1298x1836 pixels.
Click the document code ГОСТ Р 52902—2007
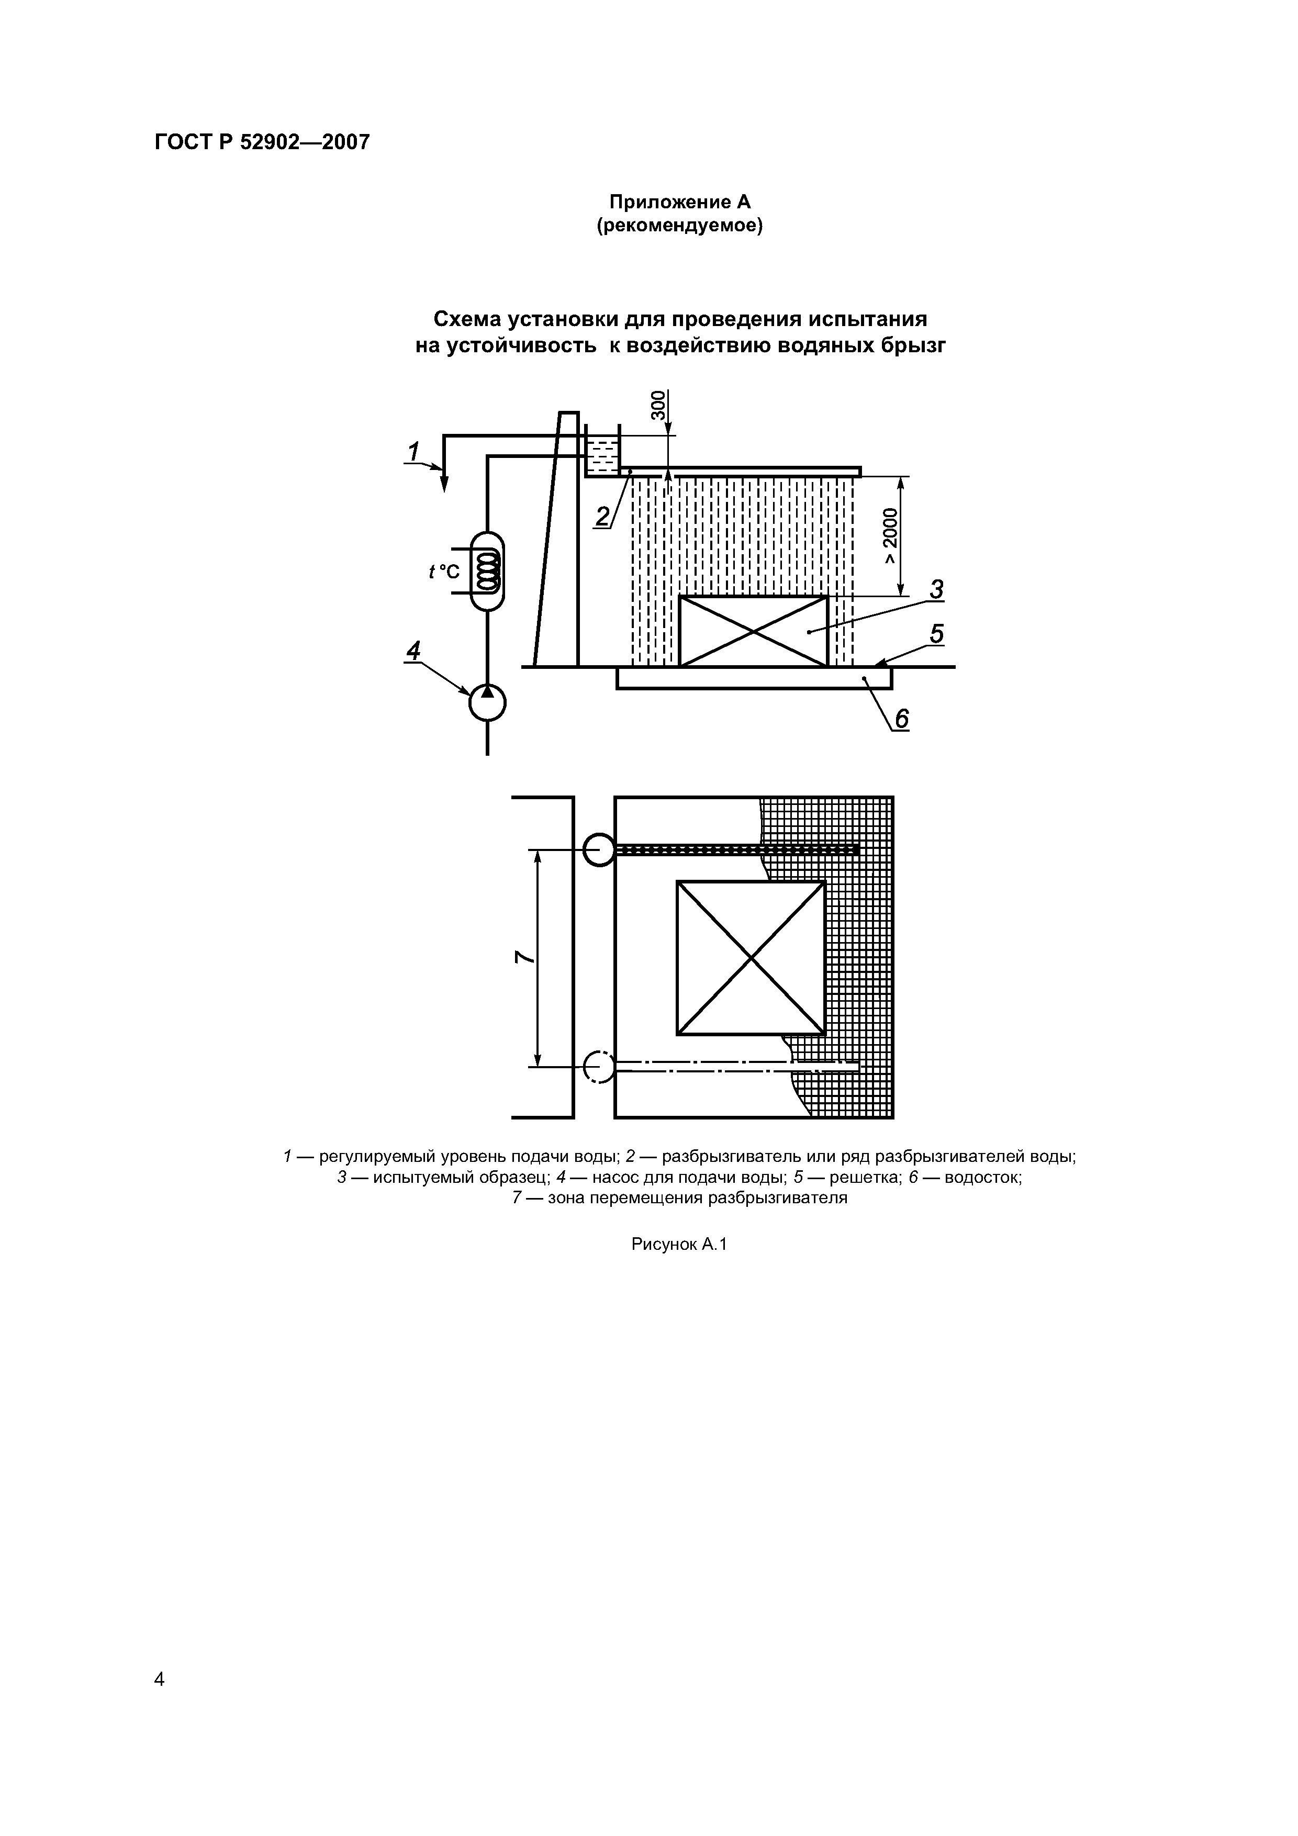(x=262, y=142)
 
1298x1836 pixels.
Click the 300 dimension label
(x=657, y=406)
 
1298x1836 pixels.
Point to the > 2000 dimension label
(x=891, y=536)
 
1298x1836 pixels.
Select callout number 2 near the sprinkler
(x=603, y=517)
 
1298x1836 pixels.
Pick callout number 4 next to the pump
(x=412, y=651)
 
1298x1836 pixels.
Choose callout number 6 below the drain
(x=901, y=720)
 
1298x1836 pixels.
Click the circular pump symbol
(x=487, y=703)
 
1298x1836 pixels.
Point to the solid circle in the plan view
(x=599, y=849)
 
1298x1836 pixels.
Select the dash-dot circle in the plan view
(x=599, y=1066)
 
